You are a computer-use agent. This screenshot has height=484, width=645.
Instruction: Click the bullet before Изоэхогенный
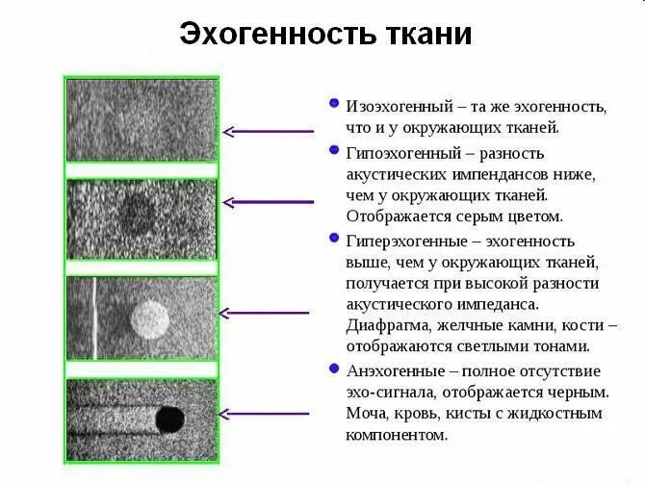click(333, 102)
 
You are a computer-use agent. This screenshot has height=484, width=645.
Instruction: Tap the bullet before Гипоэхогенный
click(333, 151)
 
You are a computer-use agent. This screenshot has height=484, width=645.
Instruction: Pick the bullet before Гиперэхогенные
click(333, 238)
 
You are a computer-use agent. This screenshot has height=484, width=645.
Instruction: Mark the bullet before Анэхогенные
click(333, 368)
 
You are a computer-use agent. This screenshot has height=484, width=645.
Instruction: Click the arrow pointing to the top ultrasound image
click(269, 131)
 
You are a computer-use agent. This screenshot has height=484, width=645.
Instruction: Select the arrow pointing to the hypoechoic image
click(269, 202)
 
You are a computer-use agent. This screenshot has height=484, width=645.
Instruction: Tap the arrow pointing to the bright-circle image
click(265, 313)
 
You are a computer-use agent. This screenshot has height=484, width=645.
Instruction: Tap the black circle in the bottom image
click(170, 418)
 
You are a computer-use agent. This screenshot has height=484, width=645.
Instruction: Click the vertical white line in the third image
click(94, 318)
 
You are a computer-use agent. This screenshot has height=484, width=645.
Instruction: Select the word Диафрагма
click(387, 326)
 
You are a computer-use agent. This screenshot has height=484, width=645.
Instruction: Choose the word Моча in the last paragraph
click(367, 414)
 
